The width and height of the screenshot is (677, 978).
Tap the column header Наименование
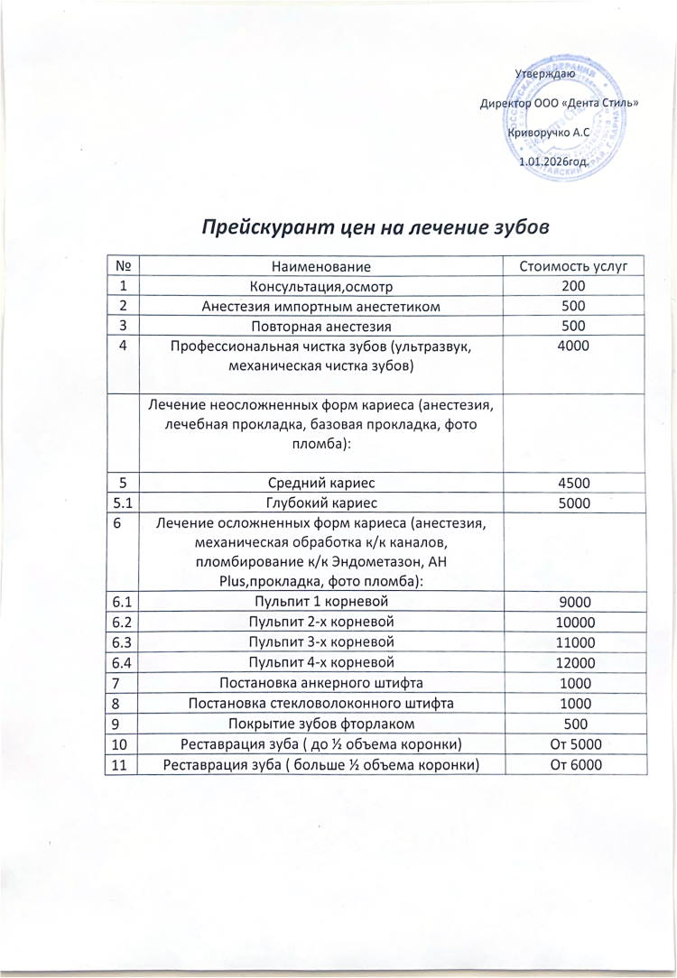point(321,266)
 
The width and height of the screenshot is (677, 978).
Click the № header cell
point(124,266)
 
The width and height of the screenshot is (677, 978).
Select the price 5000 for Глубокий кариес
point(573,503)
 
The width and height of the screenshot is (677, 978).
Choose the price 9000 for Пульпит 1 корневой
point(573,600)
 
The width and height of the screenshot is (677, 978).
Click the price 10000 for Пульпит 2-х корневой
point(573,622)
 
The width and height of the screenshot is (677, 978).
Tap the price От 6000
point(573,765)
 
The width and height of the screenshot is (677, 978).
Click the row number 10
point(123,744)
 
